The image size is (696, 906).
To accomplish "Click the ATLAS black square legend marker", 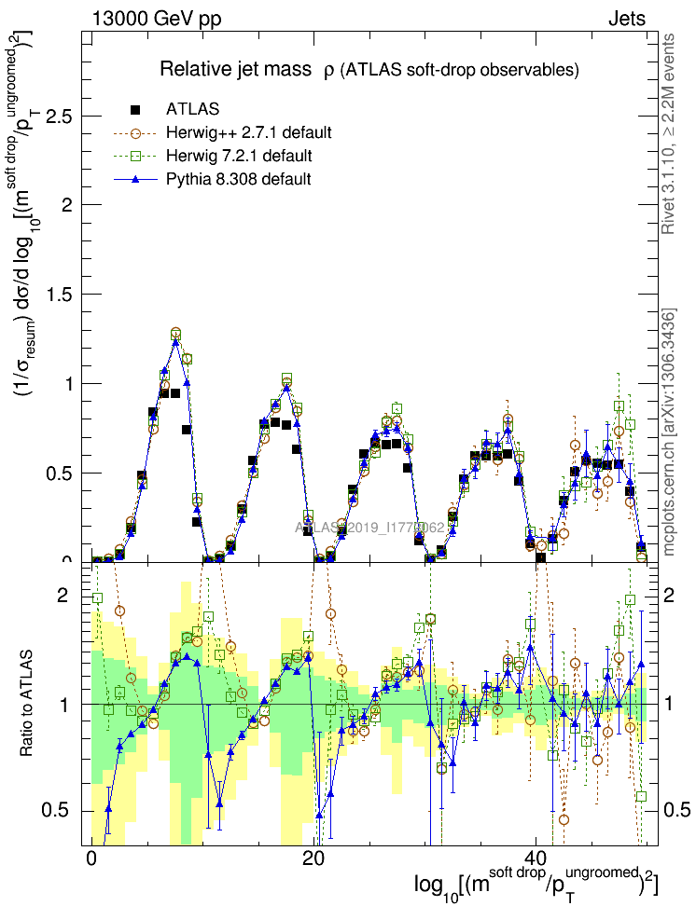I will tap(136, 109).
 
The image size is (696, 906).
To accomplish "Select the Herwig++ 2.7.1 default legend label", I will tap(249, 132).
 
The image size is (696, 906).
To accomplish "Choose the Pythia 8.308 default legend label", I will tap(239, 178).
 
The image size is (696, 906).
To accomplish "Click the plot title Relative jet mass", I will tap(238, 70).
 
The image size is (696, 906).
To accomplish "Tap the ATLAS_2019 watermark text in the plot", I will tap(369, 528).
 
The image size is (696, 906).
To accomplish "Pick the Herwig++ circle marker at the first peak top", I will tap(175, 333).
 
